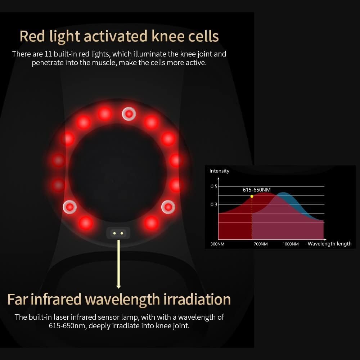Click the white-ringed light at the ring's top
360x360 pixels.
pos(129,114)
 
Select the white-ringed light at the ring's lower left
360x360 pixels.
pos(69,207)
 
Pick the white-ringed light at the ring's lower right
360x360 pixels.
pos(168,207)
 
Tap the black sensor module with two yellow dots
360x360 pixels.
pos(118,233)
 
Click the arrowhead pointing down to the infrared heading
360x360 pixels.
pos(118,286)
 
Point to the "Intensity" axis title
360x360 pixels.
pos(219,171)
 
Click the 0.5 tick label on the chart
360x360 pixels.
pos(214,186)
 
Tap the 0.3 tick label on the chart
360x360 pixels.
pos(214,204)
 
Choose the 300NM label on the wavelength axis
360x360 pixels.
pos(217,244)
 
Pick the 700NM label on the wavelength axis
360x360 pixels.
pos(261,244)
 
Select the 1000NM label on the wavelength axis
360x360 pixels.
pos(291,244)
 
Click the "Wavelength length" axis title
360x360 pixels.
pos(329,244)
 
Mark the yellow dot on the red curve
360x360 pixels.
pos(252,196)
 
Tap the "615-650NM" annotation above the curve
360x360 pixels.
pos(257,190)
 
